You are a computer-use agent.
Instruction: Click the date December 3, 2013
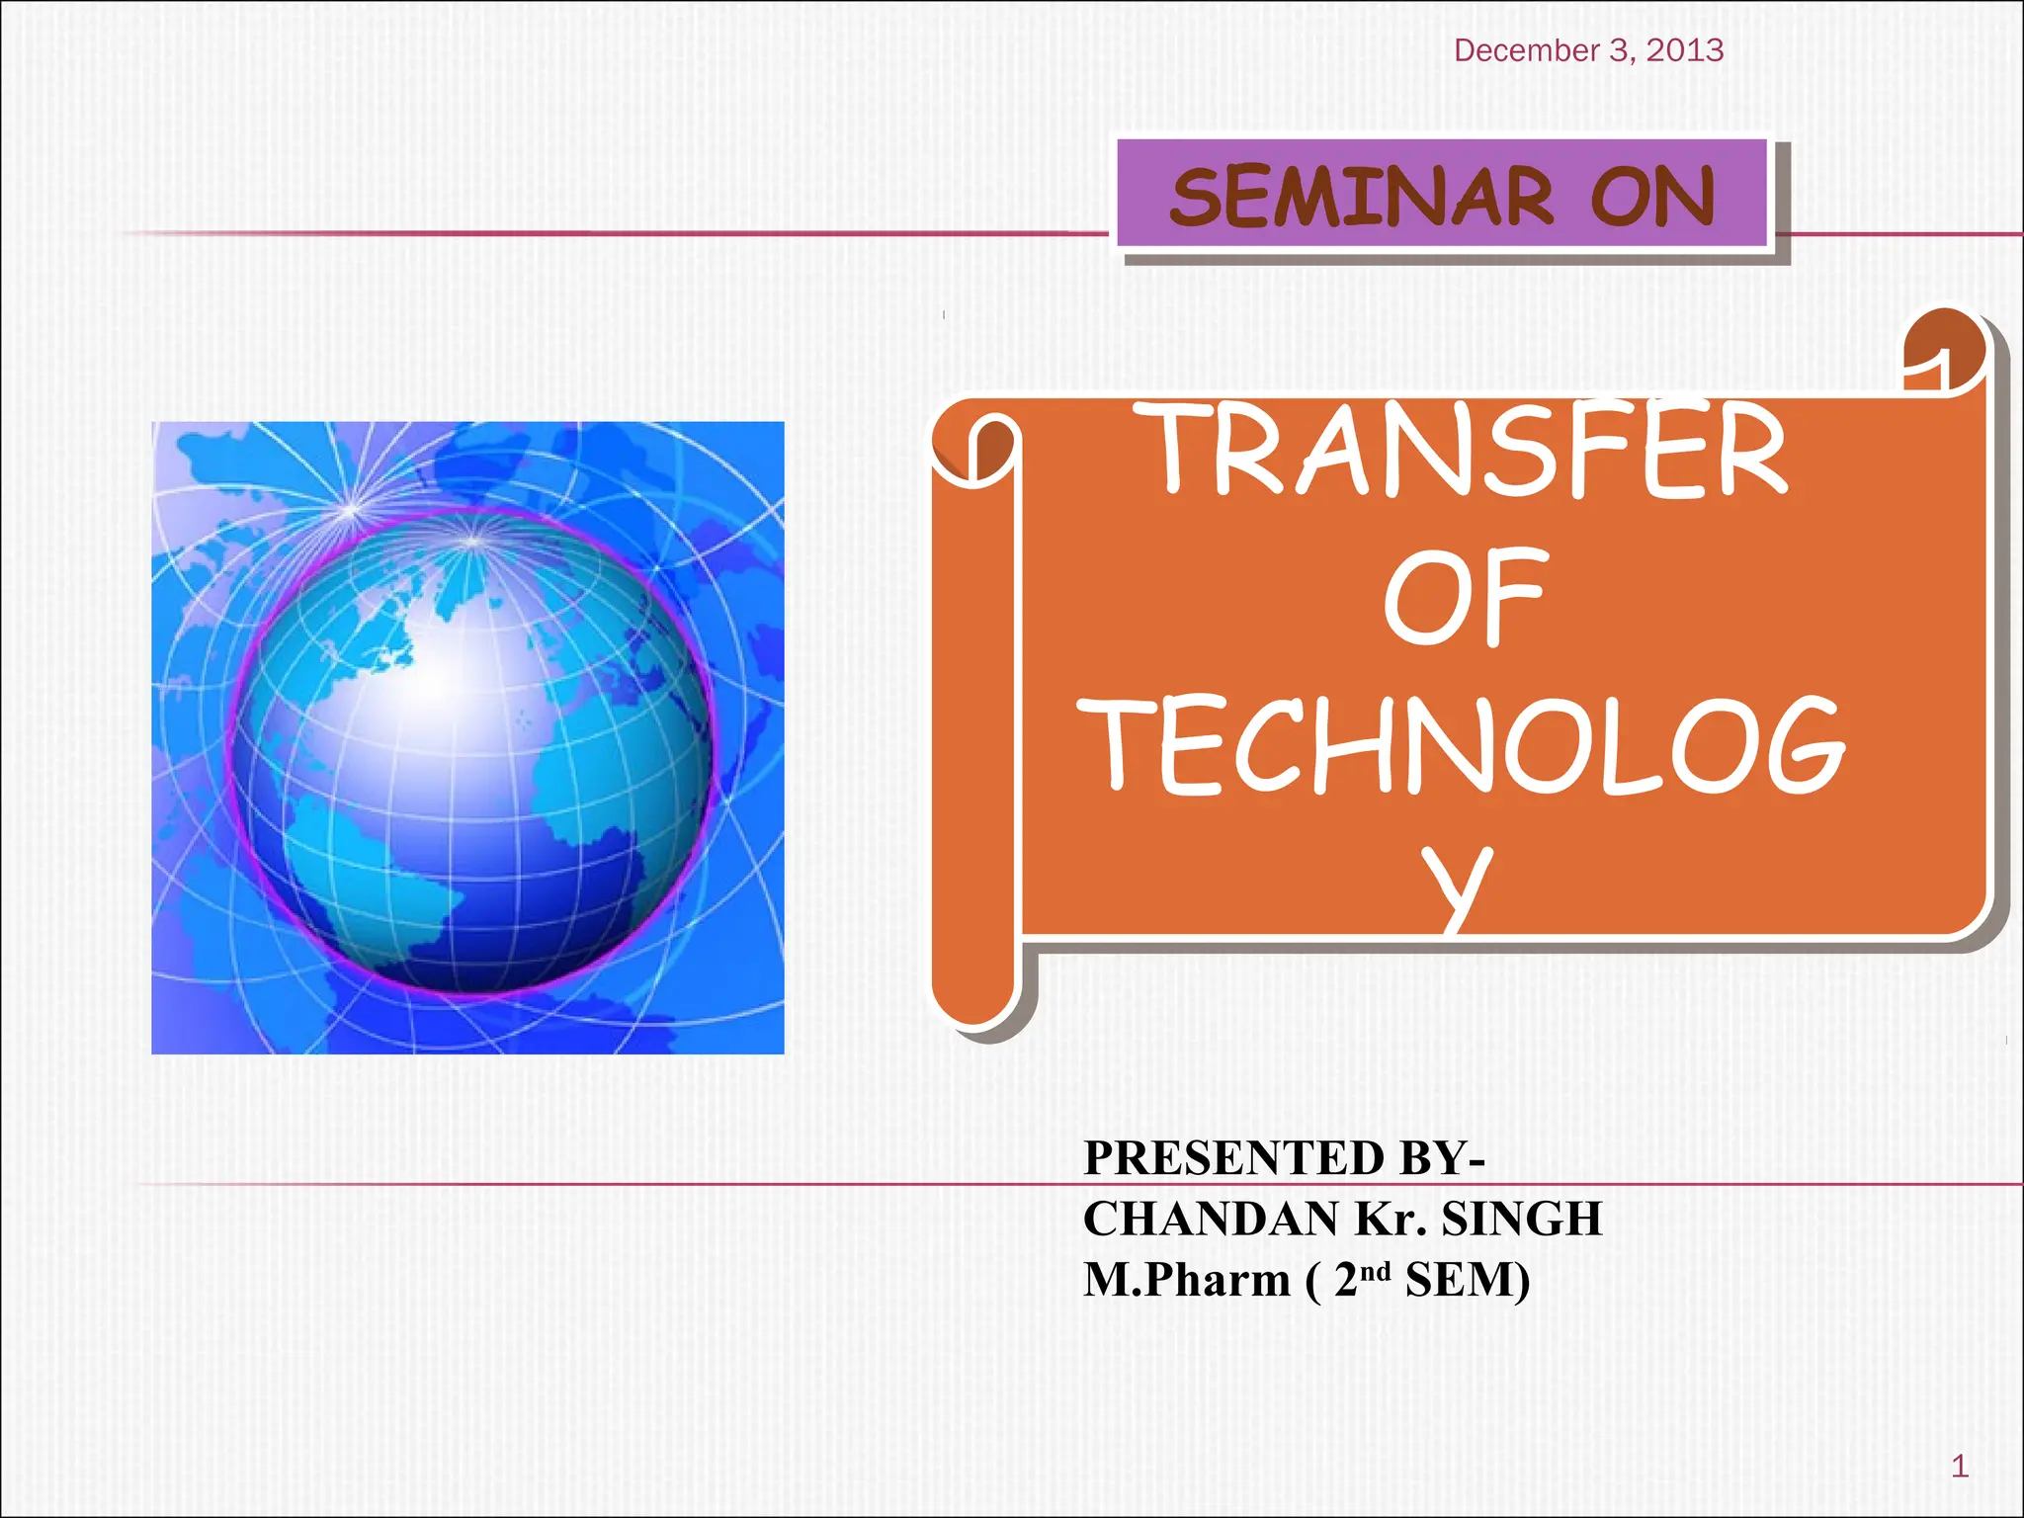click(x=1588, y=50)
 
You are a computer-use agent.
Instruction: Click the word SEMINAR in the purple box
click(x=1362, y=197)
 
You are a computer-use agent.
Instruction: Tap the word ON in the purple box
click(x=1652, y=197)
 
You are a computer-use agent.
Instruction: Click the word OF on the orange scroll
click(x=1464, y=598)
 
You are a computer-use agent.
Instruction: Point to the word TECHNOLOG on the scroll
click(x=1462, y=746)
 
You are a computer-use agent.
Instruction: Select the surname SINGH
click(x=1521, y=1219)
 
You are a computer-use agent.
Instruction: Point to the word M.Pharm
click(x=1186, y=1280)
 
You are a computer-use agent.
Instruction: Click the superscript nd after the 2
click(x=1377, y=1270)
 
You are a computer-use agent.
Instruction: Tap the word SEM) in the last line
click(x=1468, y=1280)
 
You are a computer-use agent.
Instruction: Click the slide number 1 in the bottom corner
click(x=1960, y=1467)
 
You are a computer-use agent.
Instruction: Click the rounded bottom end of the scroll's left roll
click(x=973, y=993)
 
